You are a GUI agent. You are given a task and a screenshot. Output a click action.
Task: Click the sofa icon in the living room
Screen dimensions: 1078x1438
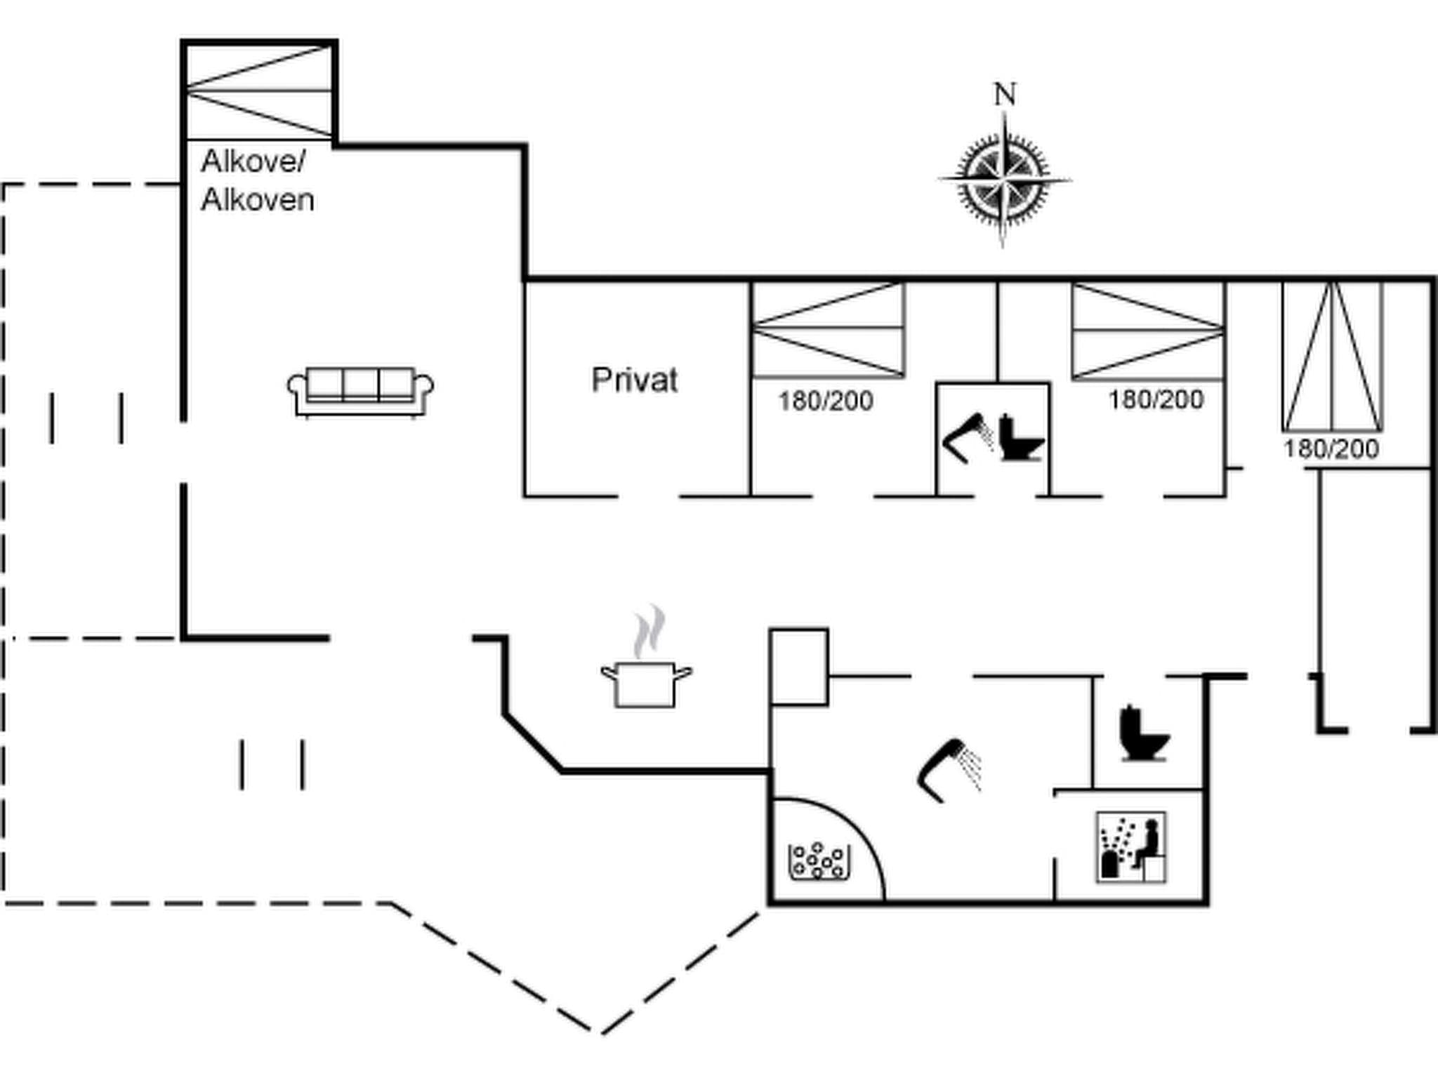click(360, 392)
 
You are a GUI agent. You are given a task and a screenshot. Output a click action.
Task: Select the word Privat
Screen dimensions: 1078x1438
click(635, 380)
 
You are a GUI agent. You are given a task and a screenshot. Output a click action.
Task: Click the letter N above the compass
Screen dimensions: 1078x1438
click(1005, 95)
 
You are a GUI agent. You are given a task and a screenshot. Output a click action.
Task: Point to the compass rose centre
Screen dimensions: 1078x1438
click(1004, 180)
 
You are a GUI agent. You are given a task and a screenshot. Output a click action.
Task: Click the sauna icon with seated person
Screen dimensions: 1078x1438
click(1131, 847)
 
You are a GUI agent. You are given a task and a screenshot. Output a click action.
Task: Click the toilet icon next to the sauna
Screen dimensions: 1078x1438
click(1143, 734)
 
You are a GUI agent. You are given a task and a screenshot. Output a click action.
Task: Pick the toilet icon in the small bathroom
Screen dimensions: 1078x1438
click(1020, 439)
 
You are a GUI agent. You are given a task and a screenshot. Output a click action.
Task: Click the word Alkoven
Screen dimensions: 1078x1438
click(257, 201)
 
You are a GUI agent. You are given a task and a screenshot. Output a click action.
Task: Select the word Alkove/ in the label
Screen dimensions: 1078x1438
click(253, 161)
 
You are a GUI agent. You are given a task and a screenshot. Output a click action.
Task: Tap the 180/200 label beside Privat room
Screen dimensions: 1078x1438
click(826, 401)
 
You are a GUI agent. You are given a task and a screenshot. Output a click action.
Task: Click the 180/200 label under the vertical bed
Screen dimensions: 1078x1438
click(1331, 449)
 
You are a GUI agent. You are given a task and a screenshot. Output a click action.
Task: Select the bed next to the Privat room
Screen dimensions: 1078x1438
click(829, 330)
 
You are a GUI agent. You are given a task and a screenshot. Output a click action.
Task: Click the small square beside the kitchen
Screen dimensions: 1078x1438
click(799, 667)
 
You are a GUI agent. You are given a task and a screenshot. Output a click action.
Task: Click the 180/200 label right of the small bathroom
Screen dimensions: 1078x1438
click(1156, 400)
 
